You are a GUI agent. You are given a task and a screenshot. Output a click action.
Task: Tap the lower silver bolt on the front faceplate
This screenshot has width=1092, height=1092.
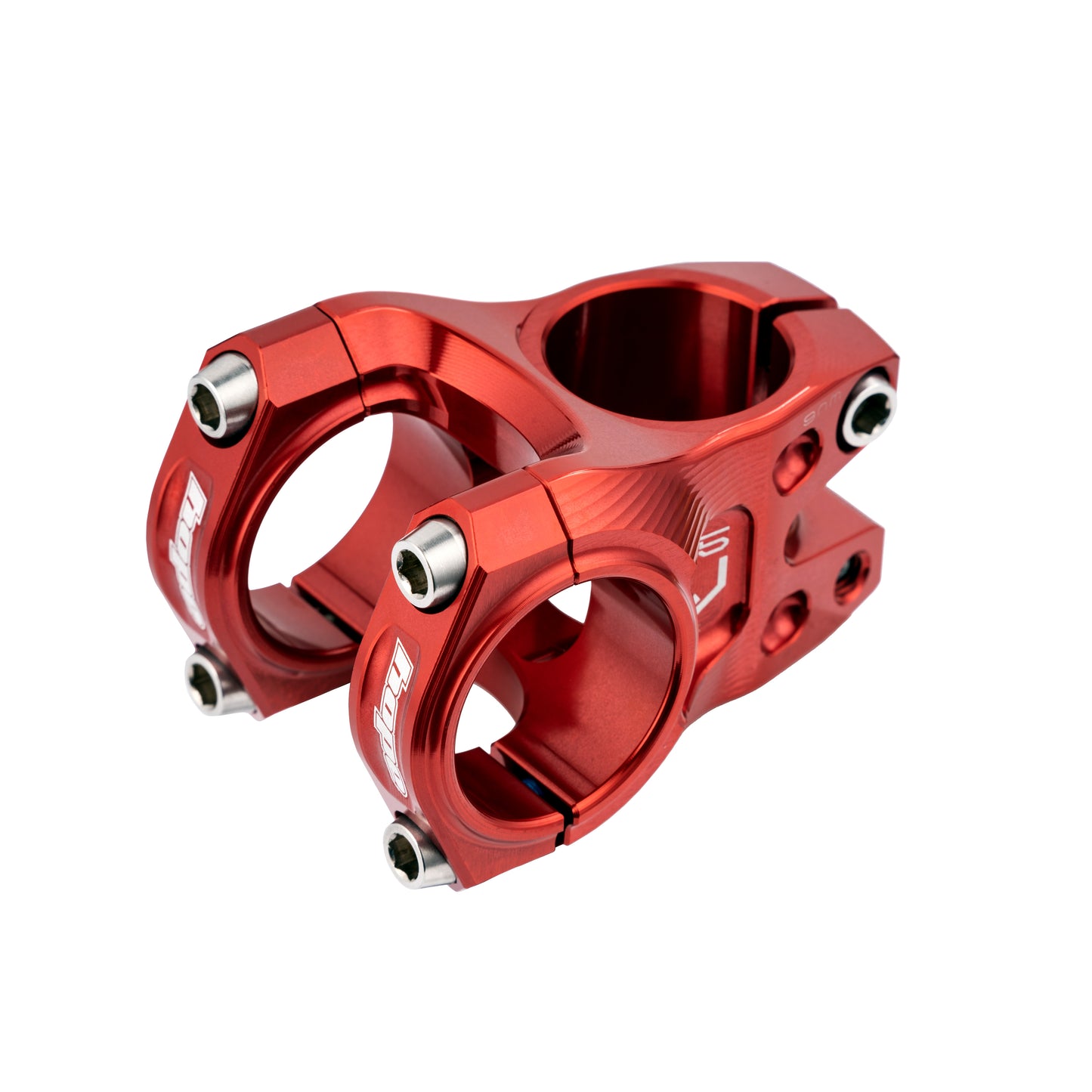pyautogui.click(x=418, y=851)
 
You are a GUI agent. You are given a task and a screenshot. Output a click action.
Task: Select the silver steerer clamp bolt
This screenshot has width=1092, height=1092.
pyautogui.click(x=868, y=409)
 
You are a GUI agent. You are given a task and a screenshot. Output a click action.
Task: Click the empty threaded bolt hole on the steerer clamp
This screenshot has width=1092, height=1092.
pyautogui.click(x=852, y=580)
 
